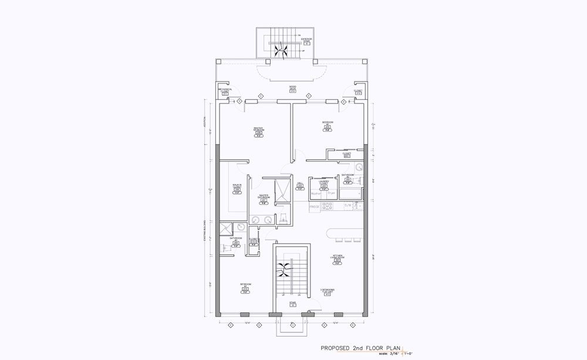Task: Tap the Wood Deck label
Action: tap(292, 88)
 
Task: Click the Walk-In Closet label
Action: tap(237, 186)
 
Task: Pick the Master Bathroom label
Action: tap(264, 197)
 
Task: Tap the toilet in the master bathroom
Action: tap(283, 219)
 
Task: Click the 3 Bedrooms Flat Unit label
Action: tap(328, 291)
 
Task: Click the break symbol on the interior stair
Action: tap(284, 270)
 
